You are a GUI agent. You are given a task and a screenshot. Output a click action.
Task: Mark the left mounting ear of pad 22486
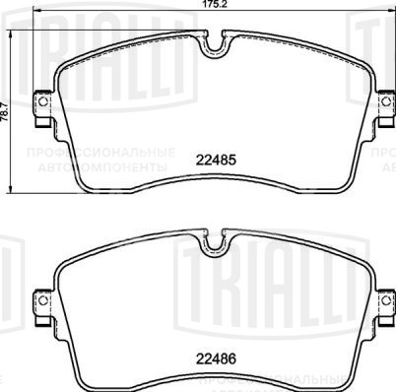pos(41,301)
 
